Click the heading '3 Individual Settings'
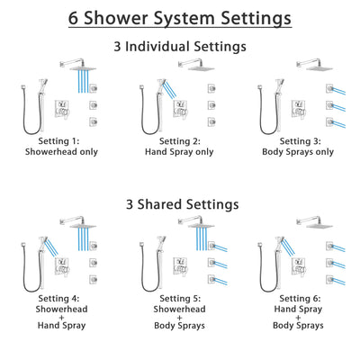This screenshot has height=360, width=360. pos(179,46)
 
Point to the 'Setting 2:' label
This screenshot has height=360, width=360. pos(179,142)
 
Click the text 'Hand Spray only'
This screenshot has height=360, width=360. pos(179,154)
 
